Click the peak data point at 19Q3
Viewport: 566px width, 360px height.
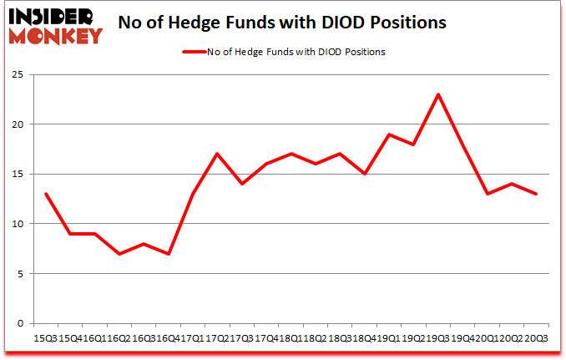(437, 94)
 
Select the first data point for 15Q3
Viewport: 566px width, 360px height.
(46, 194)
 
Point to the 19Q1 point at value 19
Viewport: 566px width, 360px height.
(388, 134)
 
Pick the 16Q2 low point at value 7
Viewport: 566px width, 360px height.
(119, 254)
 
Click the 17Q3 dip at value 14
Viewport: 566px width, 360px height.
(241, 184)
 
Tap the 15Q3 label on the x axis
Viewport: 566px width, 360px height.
(46, 337)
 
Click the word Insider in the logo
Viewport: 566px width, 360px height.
(52, 15)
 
